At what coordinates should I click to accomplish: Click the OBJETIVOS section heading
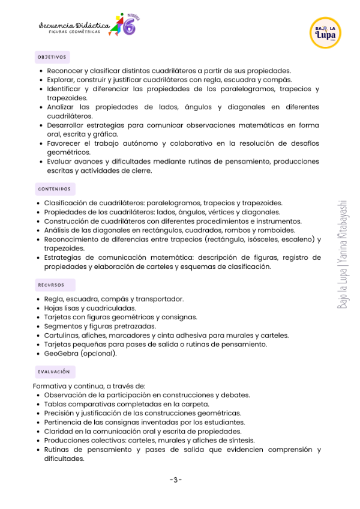[x=52, y=57]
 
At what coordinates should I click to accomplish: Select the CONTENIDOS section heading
[x=54, y=189]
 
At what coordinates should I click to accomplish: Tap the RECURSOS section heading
[x=51, y=285]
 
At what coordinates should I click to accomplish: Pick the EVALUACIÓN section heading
[x=53, y=372]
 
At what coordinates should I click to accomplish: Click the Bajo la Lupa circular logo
[x=326, y=33]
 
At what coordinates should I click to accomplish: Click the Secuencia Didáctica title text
[x=74, y=25]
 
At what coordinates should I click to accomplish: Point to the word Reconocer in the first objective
[x=65, y=71]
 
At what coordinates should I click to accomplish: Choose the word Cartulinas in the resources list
[x=62, y=336]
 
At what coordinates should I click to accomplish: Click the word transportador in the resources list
[x=161, y=299]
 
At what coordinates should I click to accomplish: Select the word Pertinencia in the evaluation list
[x=64, y=422]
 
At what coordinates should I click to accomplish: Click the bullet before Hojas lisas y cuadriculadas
[x=38, y=309]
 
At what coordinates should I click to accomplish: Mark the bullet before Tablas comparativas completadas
[x=38, y=404]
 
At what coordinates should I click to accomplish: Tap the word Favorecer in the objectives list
[x=65, y=143]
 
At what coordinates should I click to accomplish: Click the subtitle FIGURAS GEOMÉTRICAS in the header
[x=74, y=32]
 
